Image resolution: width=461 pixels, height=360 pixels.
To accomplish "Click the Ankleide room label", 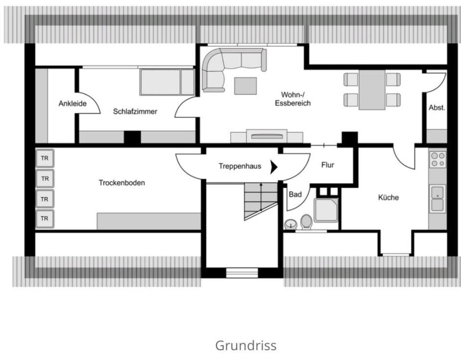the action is click(73, 103).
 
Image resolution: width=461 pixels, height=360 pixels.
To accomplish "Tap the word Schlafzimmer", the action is click(135, 112).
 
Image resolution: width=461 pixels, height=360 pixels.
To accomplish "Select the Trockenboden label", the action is click(121, 183).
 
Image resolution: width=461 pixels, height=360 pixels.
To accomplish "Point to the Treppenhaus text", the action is click(240, 166).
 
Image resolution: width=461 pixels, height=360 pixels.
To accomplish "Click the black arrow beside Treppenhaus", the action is click(274, 167).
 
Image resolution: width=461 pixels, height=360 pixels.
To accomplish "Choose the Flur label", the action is click(328, 165).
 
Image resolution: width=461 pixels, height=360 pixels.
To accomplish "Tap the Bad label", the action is click(295, 195).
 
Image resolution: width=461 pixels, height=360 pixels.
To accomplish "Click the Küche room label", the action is click(388, 197).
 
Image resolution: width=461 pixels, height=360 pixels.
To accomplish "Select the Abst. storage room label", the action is click(437, 108).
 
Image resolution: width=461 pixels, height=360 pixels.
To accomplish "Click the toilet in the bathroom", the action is click(306, 222).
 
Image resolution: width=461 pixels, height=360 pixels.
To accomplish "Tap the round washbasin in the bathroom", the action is click(291, 224).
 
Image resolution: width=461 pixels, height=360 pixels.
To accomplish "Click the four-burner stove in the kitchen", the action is click(437, 159).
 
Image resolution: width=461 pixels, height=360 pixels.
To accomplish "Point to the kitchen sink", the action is click(437, 198).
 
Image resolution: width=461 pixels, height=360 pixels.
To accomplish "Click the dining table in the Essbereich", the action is click(372, 90).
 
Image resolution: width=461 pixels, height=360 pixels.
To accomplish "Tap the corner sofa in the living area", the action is click(226, 67).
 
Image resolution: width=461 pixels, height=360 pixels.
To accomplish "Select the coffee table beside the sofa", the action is click(245, 86).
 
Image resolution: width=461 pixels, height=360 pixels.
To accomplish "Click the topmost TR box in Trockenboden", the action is click(45, 158).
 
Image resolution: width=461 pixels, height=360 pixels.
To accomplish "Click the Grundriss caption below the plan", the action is click(245, 345).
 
